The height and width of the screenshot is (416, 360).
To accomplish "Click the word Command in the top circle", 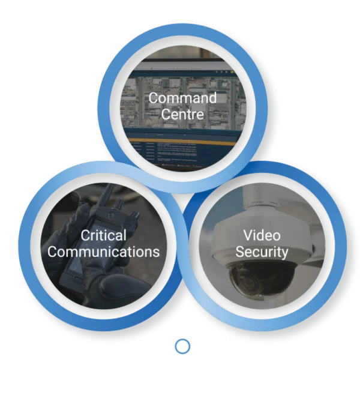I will [182, 98].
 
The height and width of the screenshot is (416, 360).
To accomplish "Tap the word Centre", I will [182, 113].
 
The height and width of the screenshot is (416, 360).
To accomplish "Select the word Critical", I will [103, 235].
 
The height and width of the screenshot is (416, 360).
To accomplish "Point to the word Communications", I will [103, 252].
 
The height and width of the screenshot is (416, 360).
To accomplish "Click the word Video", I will [261, 235].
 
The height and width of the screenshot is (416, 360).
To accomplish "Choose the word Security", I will [261, 251].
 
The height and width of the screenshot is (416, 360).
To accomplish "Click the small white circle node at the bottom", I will [182, 346].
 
